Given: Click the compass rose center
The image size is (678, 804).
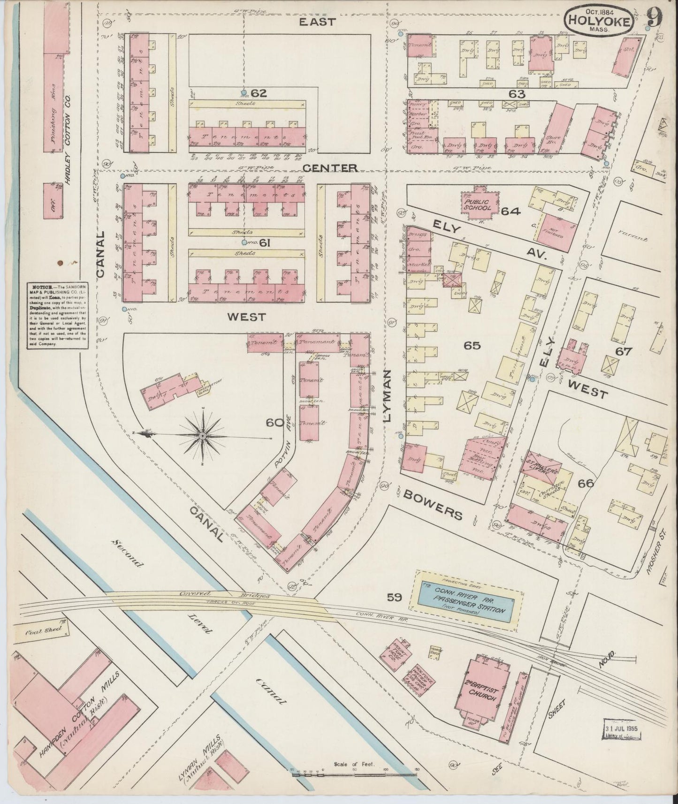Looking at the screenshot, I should click(202, 436).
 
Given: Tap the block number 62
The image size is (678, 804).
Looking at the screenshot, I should click(258, 93).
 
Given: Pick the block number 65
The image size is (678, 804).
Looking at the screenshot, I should click(472, 346).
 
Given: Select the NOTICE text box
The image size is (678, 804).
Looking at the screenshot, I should click(58, 314).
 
